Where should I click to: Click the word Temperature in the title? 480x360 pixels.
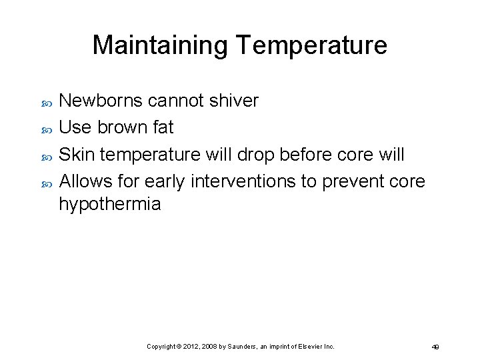tap(311, 45)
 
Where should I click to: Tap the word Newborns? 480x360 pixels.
tap(101, 101)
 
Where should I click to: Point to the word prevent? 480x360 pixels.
tap(350, 181)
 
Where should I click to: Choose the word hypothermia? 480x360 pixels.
tap(110, 204)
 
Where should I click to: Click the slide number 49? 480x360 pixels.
tap(435, 347)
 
